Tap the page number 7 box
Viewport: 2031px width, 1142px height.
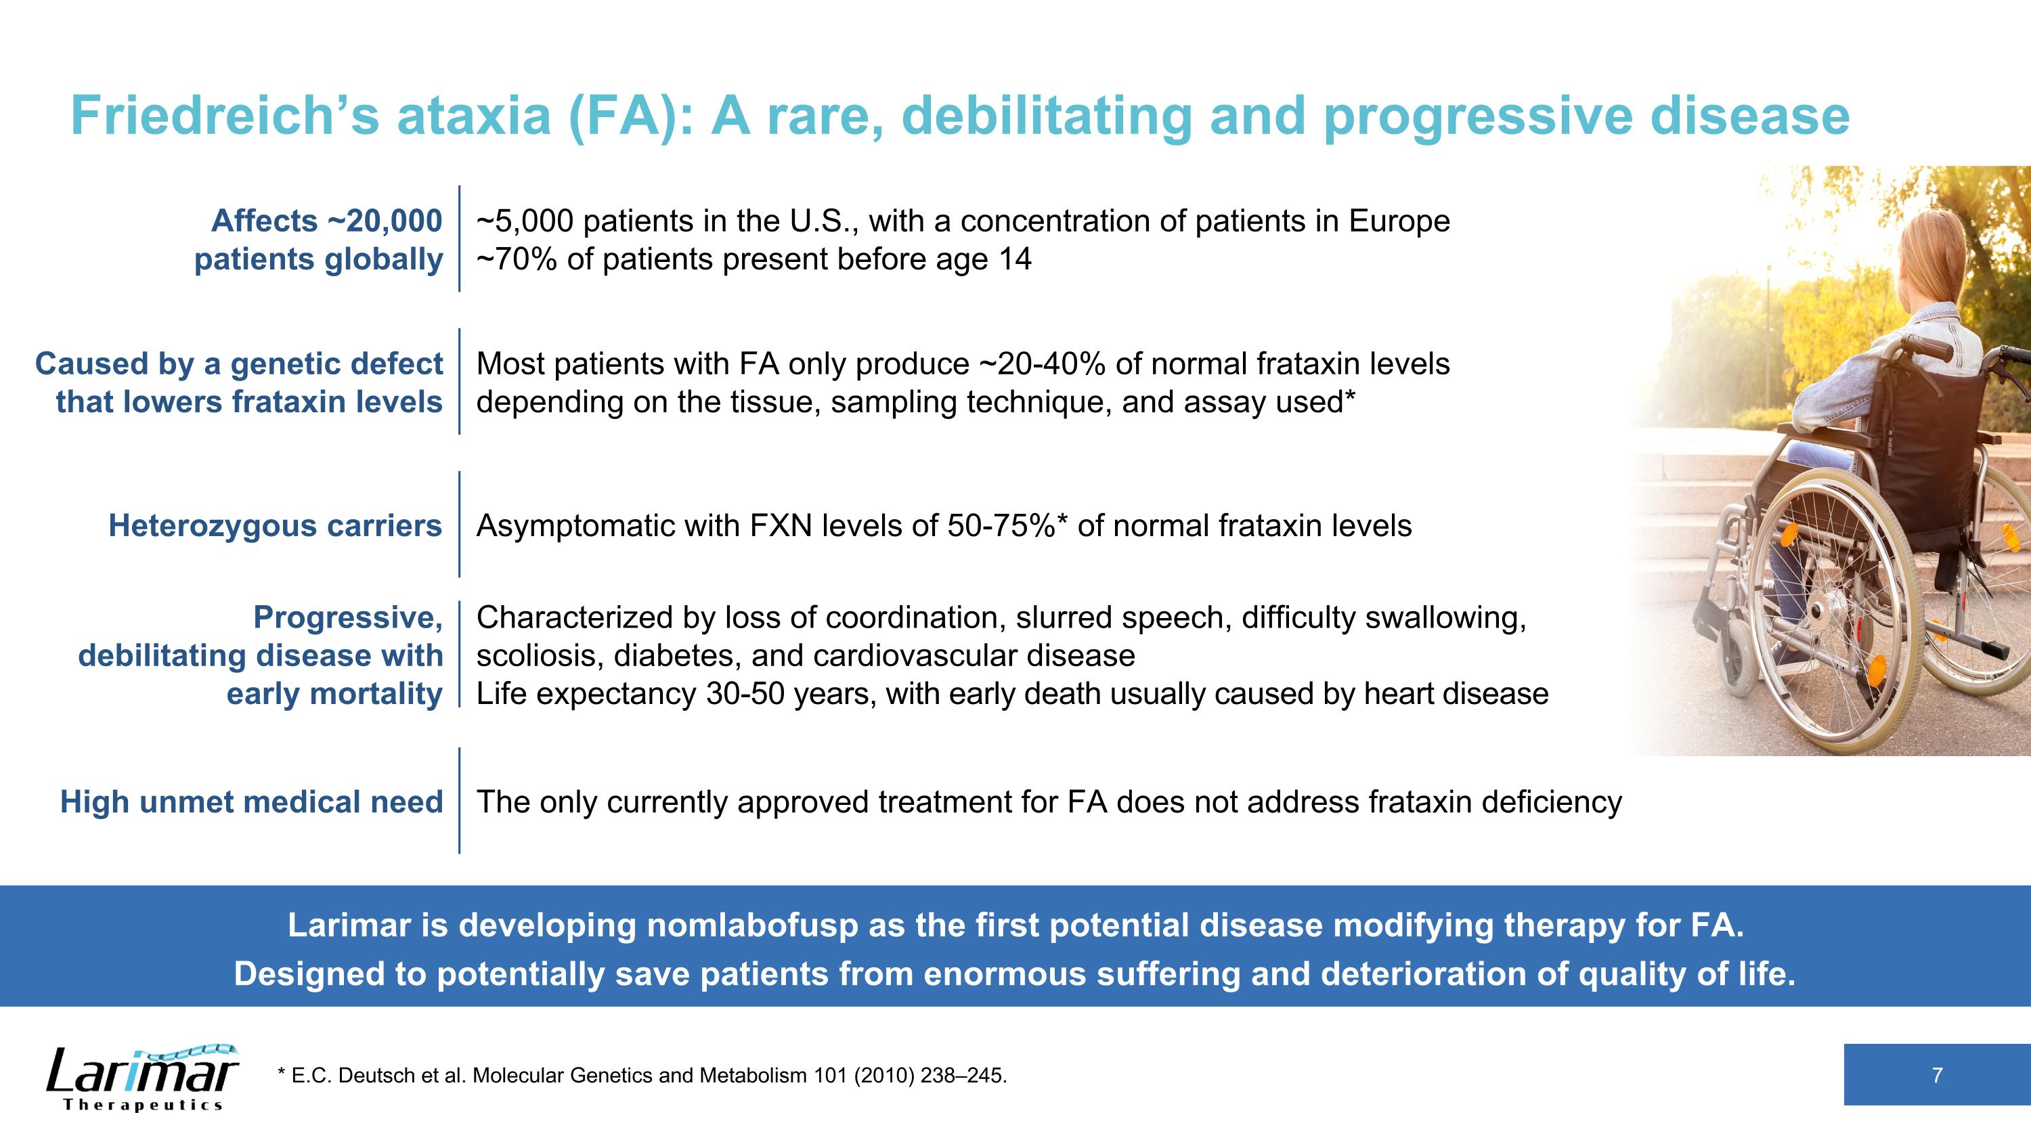tap(1936, 1075)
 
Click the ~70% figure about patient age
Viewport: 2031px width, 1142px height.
tap(517, 259)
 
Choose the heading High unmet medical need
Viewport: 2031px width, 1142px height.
tap(252, 802)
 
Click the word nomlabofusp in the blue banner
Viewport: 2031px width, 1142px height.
tap(752, 925)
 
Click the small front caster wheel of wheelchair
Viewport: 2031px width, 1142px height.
tap(1738, 656)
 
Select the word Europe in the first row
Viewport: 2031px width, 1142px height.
tap(1399, 221)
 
